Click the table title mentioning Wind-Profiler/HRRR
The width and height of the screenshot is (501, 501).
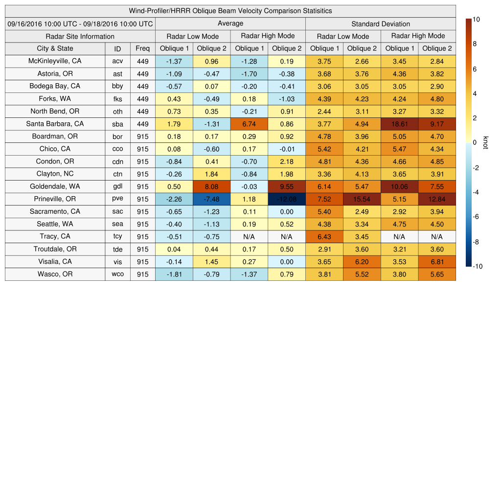coord(230,11)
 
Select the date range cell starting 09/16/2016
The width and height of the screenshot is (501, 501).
coord(80,23)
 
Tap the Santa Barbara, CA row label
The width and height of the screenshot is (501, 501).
coord(55,124)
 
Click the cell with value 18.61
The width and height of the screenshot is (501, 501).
coord(399,124)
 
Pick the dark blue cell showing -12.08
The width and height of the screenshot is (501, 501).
coord(287,199)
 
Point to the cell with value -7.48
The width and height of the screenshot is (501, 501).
coord(211,199)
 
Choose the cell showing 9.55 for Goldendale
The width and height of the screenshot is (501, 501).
coord(287,186)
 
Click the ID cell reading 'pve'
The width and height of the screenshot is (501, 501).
coord(117,199)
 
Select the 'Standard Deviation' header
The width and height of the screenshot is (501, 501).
coord(381,24)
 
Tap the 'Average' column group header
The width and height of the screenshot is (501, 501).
coord(230,23)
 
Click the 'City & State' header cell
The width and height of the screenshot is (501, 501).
coord(55,48)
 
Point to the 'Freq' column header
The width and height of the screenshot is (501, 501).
coord(142,48)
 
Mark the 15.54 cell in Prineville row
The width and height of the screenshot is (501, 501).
coord(362,199)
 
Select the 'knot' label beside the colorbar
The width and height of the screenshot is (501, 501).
coord(485,142)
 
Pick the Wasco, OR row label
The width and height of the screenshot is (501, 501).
coord(55,274)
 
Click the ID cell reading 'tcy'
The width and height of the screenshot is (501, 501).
coord(117,236)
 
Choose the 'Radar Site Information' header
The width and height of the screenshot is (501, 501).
coord(80,36)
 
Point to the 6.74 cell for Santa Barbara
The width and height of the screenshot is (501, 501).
coord(249,124)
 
